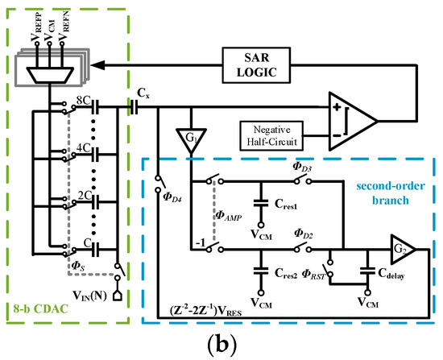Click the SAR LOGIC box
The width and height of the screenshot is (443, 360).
[x=256, y=65]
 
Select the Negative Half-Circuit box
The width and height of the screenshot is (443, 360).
[x=271, y=135]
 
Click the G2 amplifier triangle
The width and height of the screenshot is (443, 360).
[x=403, y=249]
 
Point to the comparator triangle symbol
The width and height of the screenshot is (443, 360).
[x=353, y=121]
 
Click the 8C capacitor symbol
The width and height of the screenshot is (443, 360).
[x=96, y=107]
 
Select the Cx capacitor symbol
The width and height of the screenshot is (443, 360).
[x=135, y=107]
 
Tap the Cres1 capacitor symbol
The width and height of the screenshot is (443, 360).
[x=261, y=203]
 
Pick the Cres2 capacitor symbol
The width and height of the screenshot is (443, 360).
[x=261, y=271]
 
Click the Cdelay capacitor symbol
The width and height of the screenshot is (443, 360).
[x=367, y=271]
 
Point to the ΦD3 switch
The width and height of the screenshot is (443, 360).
[x=302, y=180]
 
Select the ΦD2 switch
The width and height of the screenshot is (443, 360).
[x=302, y=248]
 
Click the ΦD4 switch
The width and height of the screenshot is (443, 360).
[x=159, y=184]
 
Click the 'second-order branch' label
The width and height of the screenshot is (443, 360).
[x=391, y=193]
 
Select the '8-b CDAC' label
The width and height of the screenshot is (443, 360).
[x=41, y=308]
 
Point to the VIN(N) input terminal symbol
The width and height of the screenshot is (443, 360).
[x=118, y=296]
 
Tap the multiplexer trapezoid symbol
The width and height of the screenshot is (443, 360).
[x=50, y=75]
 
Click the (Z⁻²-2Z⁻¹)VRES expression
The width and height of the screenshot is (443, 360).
[x=205, y=310]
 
